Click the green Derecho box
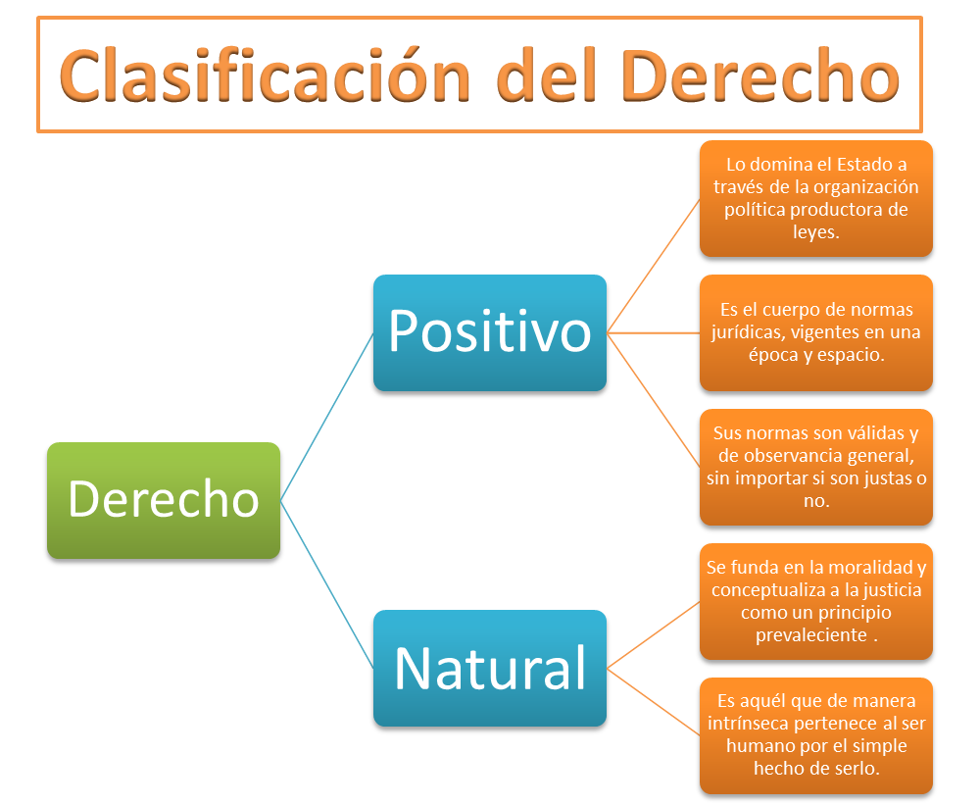pyautogui.click(x=164, y=500)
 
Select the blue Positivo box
pyautogui.click(x=490, y=333)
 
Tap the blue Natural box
pyautogui.click(x=490, y=668)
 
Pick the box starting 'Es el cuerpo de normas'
pyautogui.click(x=816, y=333)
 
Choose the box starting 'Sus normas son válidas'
pyautogui.click(x=816, y=467)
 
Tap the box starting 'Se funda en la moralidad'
pyautogui.click(x=816, y=601)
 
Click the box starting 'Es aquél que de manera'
pyautogui.click(x=816, y=734)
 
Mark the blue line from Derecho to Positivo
pyautogui.click(x=326, y=417)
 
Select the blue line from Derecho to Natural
pyautogui.click(x=326, y=584)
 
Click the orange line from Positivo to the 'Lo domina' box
pyautogui.click(x=653, y=267)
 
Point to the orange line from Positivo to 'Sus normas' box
pyautogui.click(x=653, y=399)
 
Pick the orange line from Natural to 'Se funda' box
pyautogui.click(x=653, y=635)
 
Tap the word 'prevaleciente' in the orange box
pyautogui.click(x=810, y=634)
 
